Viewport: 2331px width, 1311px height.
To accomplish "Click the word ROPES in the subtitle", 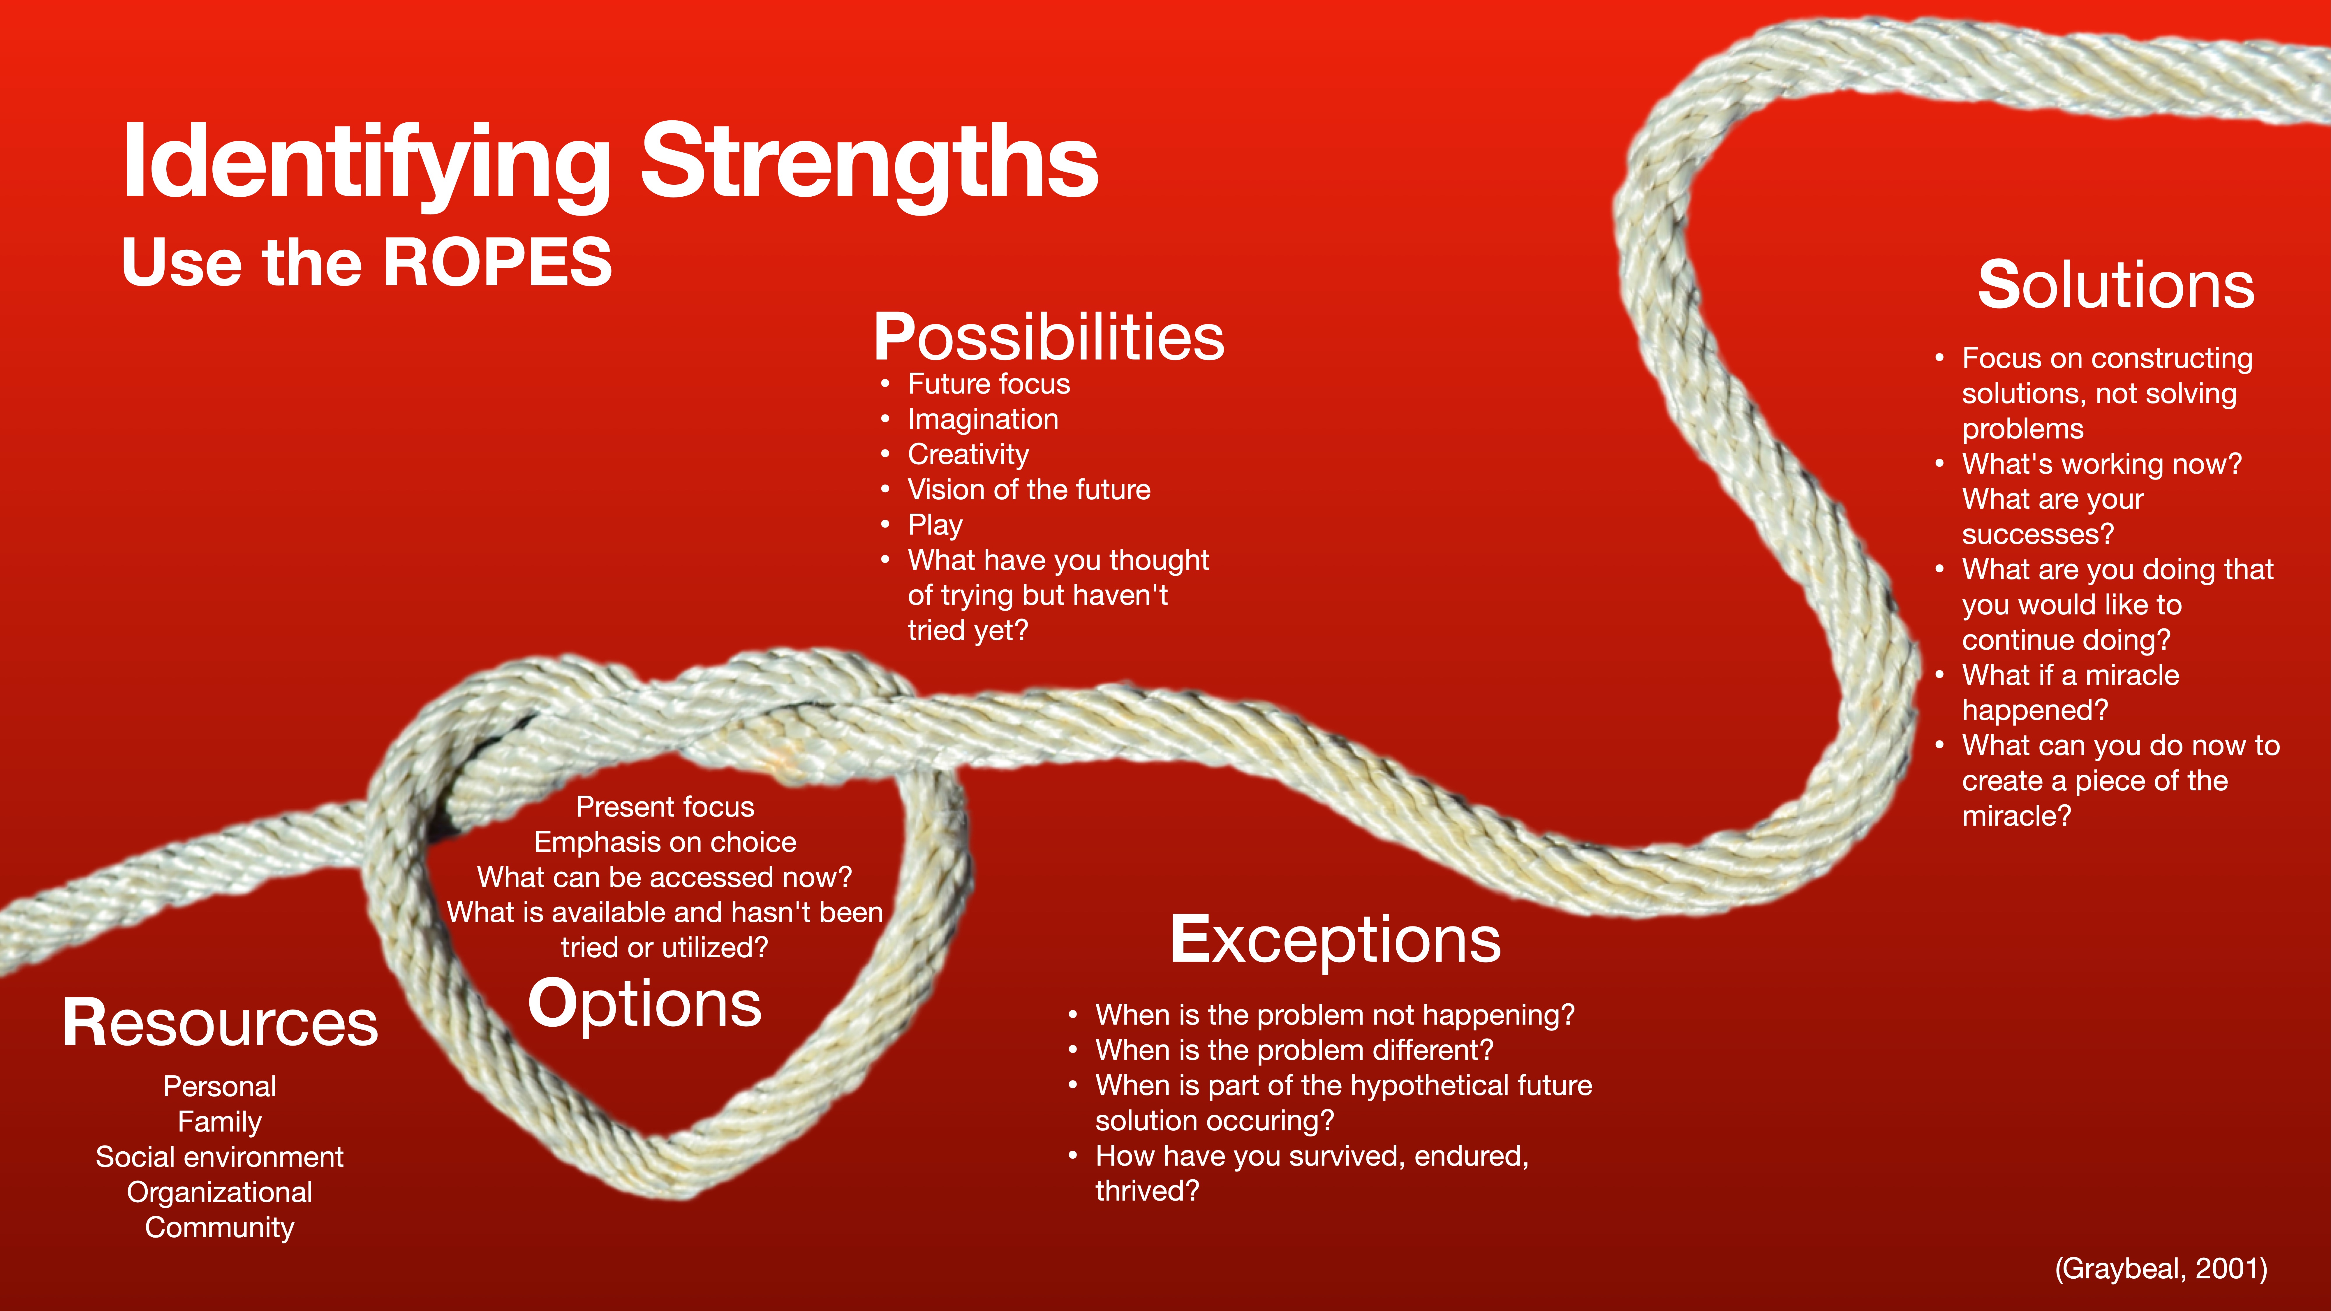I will [498, 262].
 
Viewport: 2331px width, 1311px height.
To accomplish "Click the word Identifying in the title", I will [367, 163].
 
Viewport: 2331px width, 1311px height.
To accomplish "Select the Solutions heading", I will [2116, 285].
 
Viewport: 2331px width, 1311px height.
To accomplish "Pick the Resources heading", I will [220, 1023].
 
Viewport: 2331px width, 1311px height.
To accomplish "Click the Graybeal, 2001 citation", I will [2161, 1268].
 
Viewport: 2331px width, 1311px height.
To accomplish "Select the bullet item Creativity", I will [968, 454].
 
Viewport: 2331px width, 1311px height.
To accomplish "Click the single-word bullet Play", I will [935, 525].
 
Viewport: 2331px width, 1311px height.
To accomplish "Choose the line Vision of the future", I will [1029, 489].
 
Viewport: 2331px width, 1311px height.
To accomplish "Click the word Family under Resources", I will [220, 1122].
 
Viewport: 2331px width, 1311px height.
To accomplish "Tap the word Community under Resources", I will [220, 1228].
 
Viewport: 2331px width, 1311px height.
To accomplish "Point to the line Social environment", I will [220, 1157].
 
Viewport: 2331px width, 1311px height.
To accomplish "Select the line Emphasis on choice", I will [665, 842].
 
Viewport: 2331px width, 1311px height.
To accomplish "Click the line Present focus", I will [665, 807].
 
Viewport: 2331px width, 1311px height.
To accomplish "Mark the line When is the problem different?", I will [1294, 1051].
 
